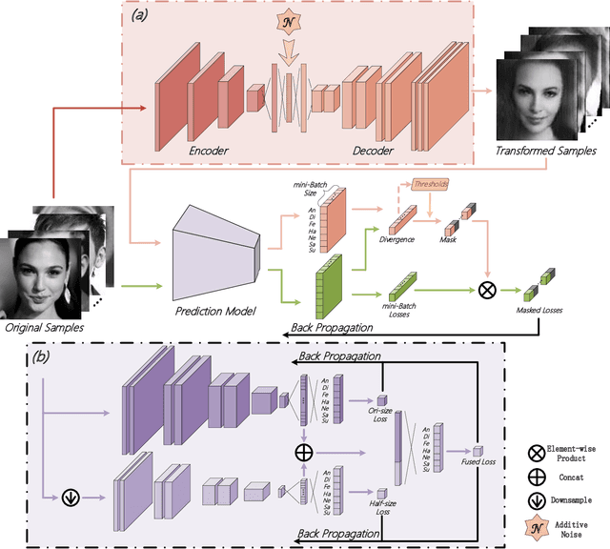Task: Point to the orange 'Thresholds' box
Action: click(431, 184)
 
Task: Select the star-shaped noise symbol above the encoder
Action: click(287, 24)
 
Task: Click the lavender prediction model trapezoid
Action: click(214, 251)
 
